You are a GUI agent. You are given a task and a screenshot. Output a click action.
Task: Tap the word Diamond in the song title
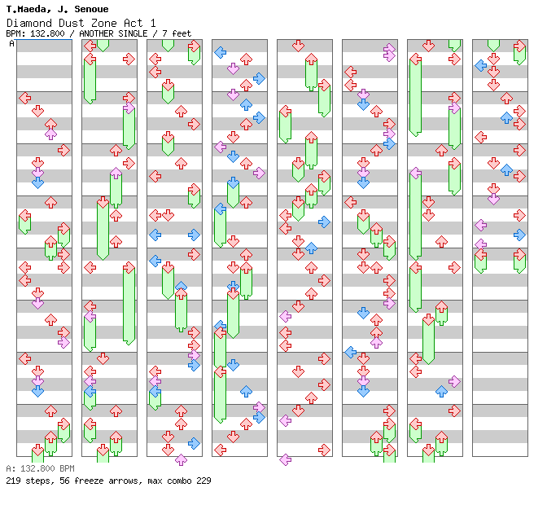click(x=25, y=23)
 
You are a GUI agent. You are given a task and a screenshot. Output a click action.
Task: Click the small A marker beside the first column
click(x=12, y=43)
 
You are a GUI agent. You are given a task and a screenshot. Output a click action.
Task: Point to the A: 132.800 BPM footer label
click(x=40, y=468)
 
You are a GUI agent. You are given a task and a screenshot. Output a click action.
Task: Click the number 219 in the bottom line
click(x=14, y=481)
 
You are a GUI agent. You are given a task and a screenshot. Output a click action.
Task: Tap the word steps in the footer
click(x=37, y=481)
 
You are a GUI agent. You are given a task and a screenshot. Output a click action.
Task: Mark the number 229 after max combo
click(x=203, y=481)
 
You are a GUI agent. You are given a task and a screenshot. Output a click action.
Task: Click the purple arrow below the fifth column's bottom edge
click(x=286, y=460)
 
